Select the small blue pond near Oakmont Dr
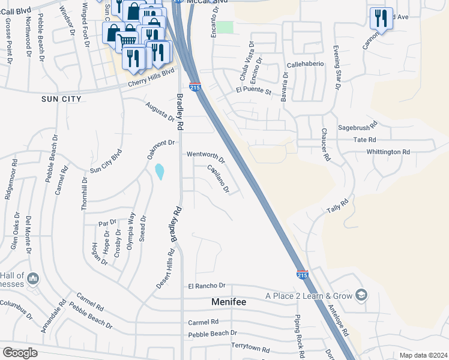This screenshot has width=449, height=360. (159, 172)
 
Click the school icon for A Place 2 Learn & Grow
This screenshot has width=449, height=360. (361, 295)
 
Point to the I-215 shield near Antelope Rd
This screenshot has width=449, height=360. (303, 274)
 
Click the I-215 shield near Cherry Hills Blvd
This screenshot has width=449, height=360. (195, 87)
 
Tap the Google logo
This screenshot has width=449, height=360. (20, 353)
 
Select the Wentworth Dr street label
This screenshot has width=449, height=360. (205, 157)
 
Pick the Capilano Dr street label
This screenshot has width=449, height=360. (218, 179)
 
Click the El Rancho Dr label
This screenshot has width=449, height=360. (206, 286)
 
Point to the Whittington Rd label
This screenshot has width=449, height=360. (388, 152)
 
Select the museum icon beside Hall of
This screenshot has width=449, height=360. (32, 279)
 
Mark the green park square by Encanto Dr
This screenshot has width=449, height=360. (224, 27)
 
